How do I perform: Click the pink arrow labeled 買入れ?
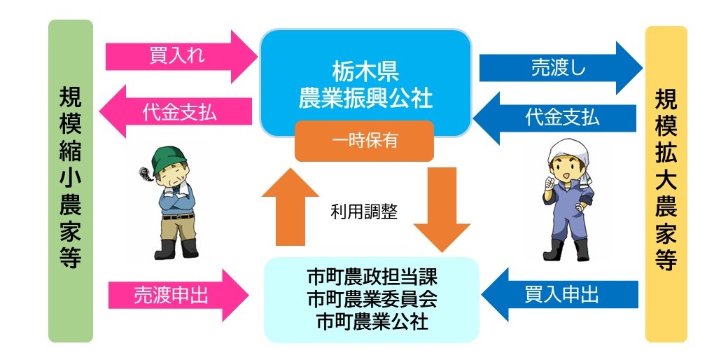coord(181,57)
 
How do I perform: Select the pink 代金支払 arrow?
coord(176,111)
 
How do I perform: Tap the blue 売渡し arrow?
coord(561,68)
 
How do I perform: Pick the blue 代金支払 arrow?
coord(554,118)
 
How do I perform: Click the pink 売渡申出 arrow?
coord(178,295)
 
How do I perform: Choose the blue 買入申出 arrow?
coord(560,294)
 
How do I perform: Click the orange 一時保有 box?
coord(365,141)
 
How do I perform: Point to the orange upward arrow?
coord(290,207)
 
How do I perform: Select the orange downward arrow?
coord(442,209)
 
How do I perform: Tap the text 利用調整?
coord(364,212)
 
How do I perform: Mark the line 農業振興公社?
coord(365,99)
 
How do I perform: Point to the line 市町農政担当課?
coord(372,279)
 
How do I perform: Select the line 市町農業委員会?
coord(372,300)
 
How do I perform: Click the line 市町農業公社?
coord(372,321)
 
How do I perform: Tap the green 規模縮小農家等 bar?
coord(71,181)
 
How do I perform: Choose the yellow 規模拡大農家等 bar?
coord(666,184)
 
